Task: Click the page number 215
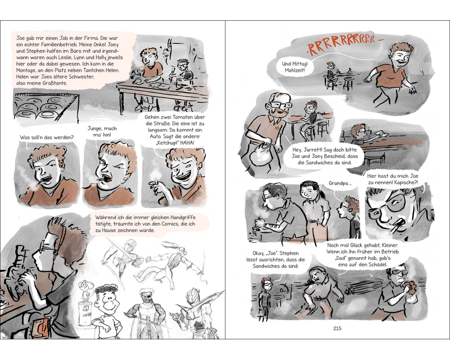pos(337,328)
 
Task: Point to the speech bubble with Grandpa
pos(340,184)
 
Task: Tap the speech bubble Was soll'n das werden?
pos(46,138)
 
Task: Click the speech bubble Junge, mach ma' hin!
pos(103,131)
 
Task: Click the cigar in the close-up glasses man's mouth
pos(396,227)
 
